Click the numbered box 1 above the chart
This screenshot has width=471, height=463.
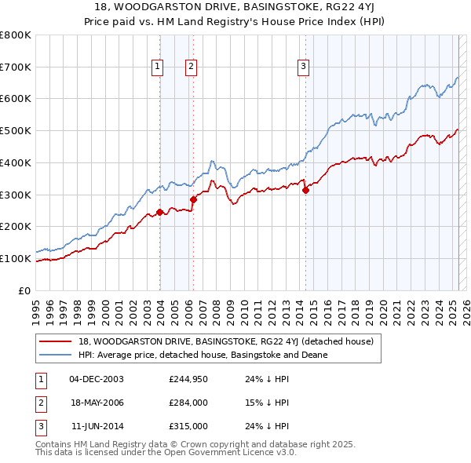(158, 67)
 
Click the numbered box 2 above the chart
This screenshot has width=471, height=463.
(191, 67)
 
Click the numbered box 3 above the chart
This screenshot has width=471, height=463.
(303, 67)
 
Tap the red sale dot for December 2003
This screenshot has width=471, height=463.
(160, 212)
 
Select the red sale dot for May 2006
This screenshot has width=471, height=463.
(193, 199)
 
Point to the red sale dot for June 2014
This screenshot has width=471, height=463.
(306, 189)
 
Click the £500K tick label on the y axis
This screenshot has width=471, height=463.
(16, 131)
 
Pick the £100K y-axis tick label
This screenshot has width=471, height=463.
(16, 258)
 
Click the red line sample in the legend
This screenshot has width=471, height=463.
(56, 341)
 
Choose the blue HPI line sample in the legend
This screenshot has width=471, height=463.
(56, 355)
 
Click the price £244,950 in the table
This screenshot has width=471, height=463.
(187, 379)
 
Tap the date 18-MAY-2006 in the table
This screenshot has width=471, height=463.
(97, 403)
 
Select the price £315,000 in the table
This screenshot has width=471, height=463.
(187, 426)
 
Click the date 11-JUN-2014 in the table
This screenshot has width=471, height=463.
(97, 426)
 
